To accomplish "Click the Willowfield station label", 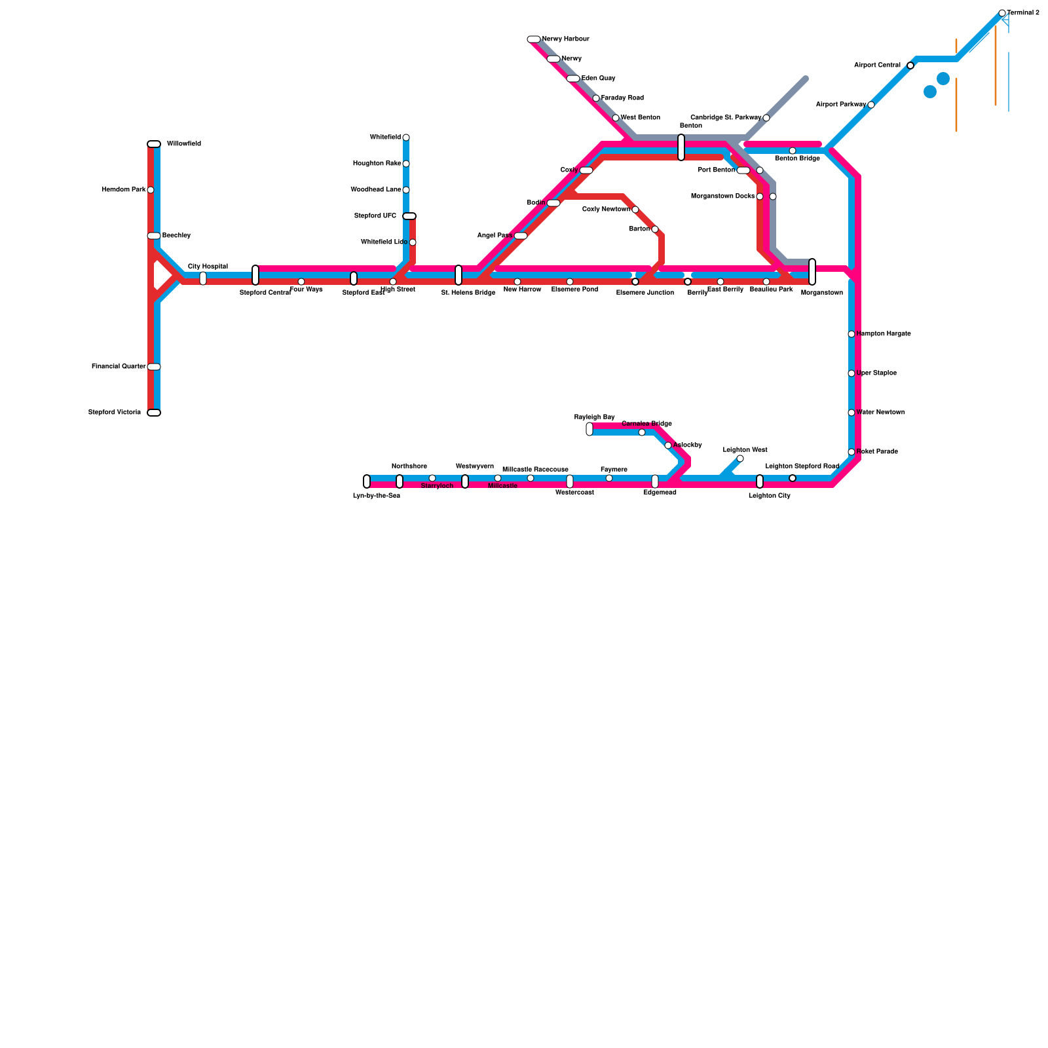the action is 183,144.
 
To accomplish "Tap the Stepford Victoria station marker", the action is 154,413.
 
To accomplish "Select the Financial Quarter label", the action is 119,367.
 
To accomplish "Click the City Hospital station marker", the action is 203,278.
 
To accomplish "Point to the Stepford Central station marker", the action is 255,275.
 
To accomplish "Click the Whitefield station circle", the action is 406,138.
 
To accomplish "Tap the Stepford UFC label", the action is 375,216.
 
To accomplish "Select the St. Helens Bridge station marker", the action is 458,275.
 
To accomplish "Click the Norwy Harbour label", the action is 565,39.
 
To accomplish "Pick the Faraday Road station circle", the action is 596,98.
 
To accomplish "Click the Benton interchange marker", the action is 681,147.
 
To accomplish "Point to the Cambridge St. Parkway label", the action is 726,118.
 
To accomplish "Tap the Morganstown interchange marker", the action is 812,272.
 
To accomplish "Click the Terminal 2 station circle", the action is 1002,13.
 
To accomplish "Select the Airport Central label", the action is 878,65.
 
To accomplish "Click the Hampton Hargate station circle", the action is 851,334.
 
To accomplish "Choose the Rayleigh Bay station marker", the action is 589,429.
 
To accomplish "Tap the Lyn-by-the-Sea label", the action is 377,496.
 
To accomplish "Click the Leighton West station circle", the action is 740,458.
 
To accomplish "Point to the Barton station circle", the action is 655,229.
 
